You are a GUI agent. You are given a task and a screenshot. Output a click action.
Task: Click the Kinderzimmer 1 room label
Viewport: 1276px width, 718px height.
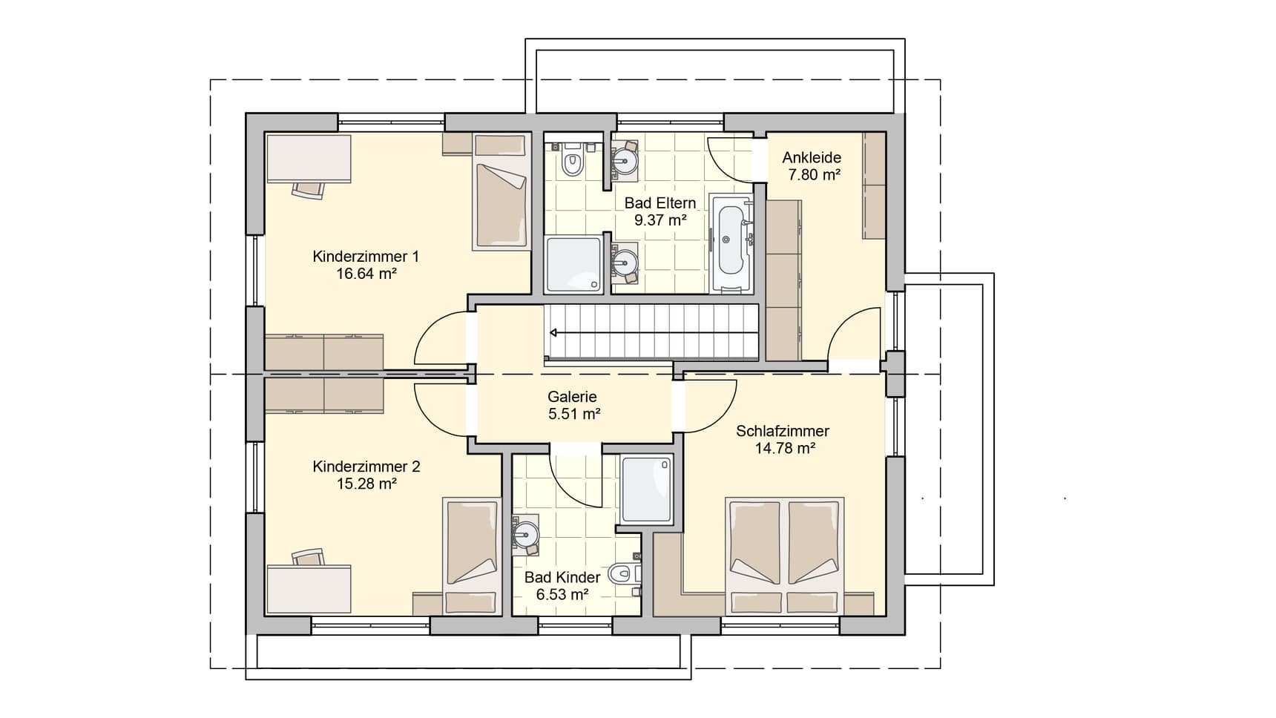[x=366, y=257]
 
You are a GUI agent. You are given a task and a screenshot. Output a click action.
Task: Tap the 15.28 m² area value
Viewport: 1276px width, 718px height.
[x=366, y=484]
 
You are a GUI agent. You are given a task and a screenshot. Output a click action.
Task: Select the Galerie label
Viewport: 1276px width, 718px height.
[x=572, y=397]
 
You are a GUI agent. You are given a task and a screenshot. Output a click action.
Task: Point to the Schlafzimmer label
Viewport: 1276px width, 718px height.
[x=783, y=431]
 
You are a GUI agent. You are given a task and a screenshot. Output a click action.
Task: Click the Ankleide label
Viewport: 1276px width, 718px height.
[x=812, y=157]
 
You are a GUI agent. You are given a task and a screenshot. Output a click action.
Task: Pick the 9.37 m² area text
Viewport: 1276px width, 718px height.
[x=660, y=220]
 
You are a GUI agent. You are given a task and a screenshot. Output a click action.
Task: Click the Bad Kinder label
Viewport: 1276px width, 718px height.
[x=562, y=577]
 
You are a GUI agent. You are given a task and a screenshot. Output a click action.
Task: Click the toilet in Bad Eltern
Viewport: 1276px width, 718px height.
[x=571, y=160]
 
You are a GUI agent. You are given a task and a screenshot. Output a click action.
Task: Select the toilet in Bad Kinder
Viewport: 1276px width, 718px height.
[x=624, y=573]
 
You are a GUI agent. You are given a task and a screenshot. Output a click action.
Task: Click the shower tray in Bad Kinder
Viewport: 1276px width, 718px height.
[x=647, y=489]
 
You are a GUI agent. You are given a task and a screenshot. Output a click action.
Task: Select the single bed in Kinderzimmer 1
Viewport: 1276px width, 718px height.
[x=501, y=191]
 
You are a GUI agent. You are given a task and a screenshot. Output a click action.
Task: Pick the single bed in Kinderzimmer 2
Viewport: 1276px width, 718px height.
[x=472, y=555]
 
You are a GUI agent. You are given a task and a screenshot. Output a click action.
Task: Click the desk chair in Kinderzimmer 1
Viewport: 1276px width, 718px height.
[x=309, y=188]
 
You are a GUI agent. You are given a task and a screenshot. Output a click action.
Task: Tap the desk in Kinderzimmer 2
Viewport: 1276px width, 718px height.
[x=309, y=590]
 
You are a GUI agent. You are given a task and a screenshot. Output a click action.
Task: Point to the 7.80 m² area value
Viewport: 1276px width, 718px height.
[x=814, y=174]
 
